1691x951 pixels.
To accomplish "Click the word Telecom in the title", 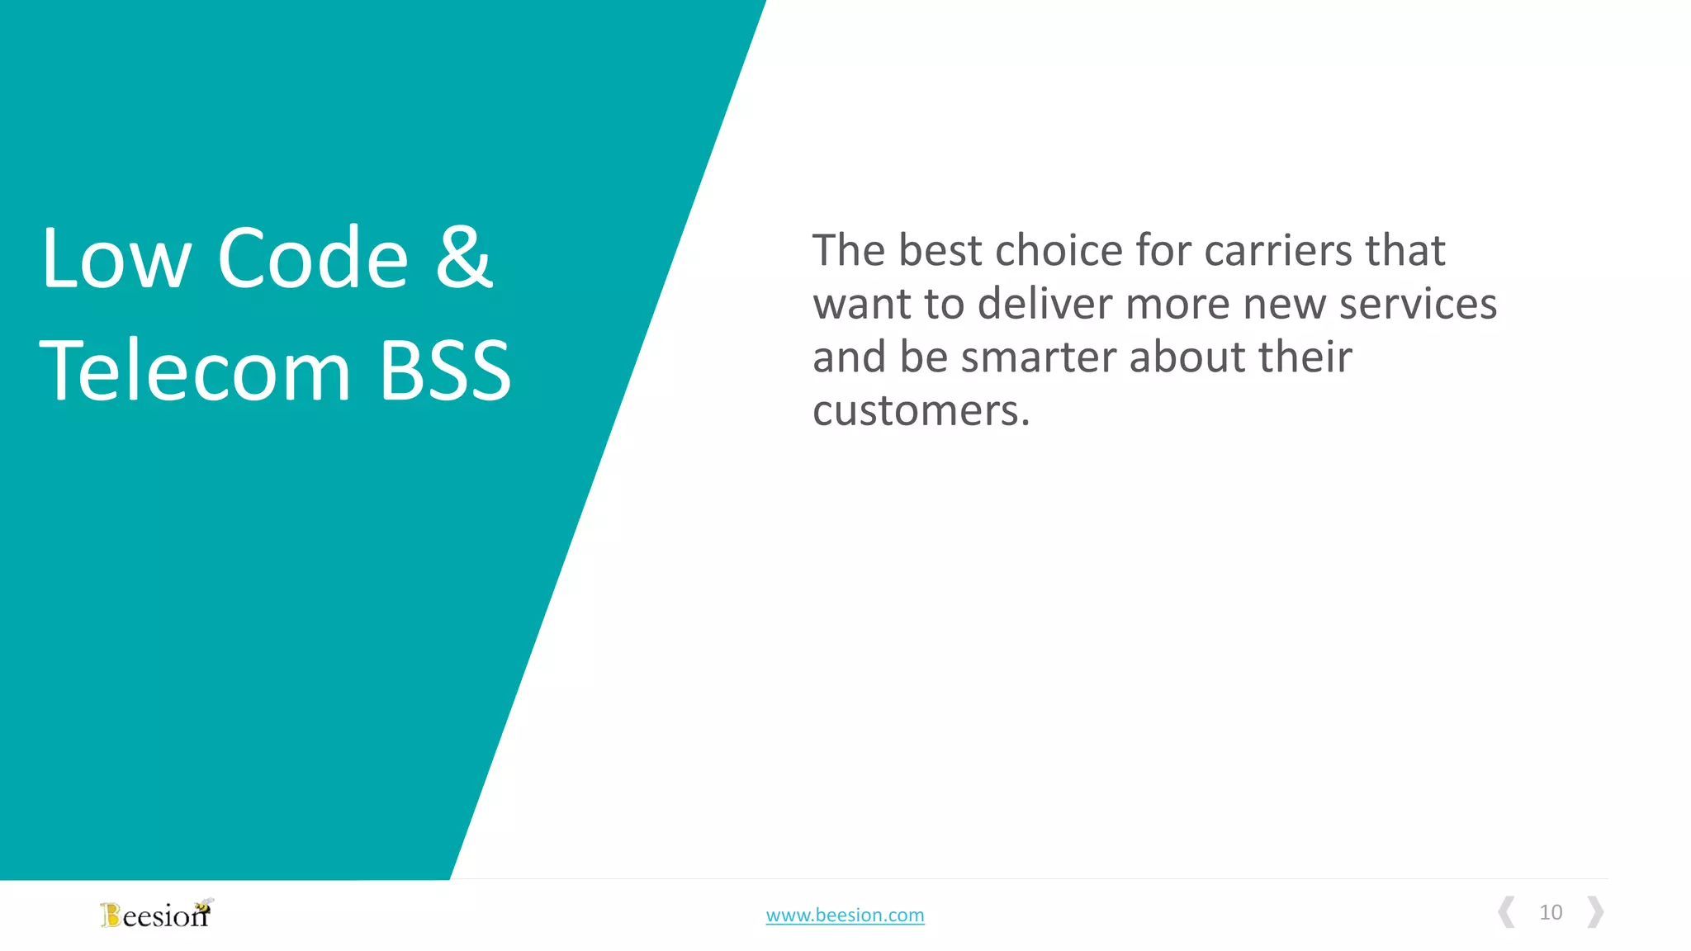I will click(196, 371).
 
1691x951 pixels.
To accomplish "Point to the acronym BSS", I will click(445, 371).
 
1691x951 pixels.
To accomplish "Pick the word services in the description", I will click(1418, 304).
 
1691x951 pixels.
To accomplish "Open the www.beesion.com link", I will click(845, 915).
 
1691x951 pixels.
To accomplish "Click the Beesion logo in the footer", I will click(156, 914).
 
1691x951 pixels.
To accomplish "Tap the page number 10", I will click(1551, 912).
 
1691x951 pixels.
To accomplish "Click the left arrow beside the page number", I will click(1507, 912).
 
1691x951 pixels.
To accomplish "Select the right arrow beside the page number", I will click(1595, 912).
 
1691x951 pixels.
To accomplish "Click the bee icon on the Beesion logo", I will click(204, 905).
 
